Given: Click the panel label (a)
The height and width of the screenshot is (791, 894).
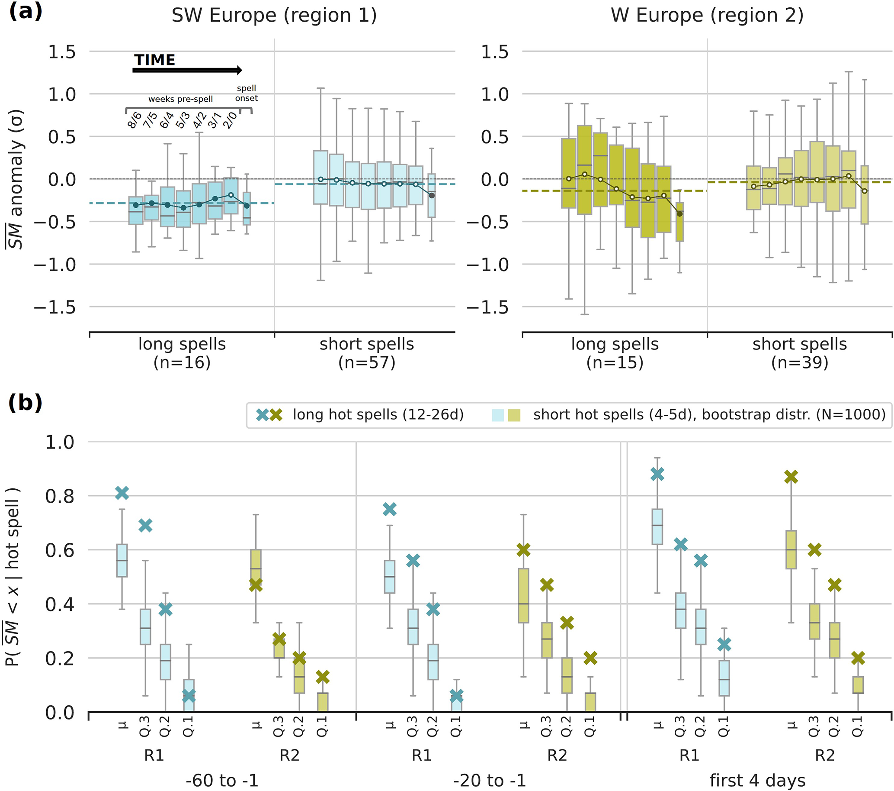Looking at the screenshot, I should click(x=26, y=11).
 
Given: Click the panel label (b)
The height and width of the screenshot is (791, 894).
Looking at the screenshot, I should click(x=26, y=402).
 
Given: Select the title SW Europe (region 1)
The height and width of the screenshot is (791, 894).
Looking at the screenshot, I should click(x=274, y=16).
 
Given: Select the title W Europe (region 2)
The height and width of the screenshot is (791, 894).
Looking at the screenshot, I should click(x=707, y=16).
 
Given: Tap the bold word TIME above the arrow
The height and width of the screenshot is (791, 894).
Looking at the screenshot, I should click(x=154, y=60).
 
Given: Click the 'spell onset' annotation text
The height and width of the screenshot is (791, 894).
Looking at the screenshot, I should click(x=246, y=93).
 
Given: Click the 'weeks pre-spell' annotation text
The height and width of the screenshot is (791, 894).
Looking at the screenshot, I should click(x=180, y=99).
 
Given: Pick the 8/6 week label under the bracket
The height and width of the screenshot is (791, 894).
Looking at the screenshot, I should click(x=135, y=119).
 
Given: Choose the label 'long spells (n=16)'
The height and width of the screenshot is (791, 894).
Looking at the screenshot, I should click(x=182, y=353).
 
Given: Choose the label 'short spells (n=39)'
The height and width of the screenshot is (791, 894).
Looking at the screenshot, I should click(x=800, y=353).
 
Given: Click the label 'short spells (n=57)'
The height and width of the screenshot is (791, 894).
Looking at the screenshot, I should click(x=366, y=353).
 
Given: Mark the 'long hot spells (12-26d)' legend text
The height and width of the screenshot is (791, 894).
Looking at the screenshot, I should click(x=378, y=414).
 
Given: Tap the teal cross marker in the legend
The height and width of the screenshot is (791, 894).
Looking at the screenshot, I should click(x=263, y=414).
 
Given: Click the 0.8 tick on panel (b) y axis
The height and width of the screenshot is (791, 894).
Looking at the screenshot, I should click(x=60, y=496).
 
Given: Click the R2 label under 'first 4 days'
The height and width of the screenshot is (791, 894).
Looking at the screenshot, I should click(x=824, y=755).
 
